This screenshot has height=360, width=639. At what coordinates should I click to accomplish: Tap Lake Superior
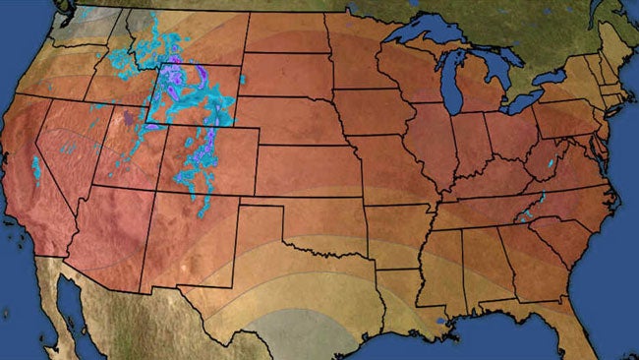(x=423, y=35)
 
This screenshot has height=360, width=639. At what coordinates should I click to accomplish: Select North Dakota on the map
(x=286, y=33)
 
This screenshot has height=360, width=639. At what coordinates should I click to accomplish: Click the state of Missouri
(x=393, y=167)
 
